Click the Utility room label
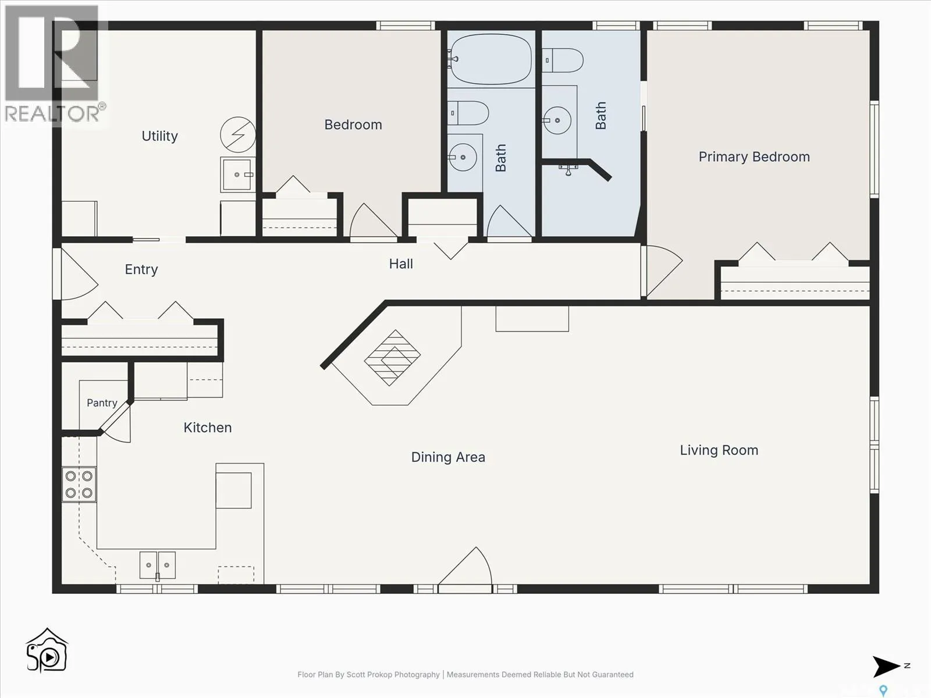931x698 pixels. click(x=159, y=136)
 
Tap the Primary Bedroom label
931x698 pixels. click(x=754, y=157)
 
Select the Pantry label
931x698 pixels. click(x=102, y=403)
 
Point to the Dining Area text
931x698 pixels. click(x=448, y=457)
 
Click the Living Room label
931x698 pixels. click(x=719, y=450)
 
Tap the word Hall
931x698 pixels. click(x=401, y=263)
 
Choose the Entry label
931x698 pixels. click(x=141, y=269)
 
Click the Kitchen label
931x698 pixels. click(x=207, y=427)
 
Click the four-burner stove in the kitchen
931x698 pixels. click(x=79, y=485)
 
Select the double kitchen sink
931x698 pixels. click(x=157, y=565)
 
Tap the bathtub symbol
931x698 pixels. click(x=491, y=59)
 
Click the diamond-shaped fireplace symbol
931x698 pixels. click(x=392, y=358)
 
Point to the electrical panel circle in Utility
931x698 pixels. click(x=238, y=135)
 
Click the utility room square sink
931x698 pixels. click(x=237, y=174)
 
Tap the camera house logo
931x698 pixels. click(x=47, y=650)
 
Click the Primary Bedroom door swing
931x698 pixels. click(x=662, y=271)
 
